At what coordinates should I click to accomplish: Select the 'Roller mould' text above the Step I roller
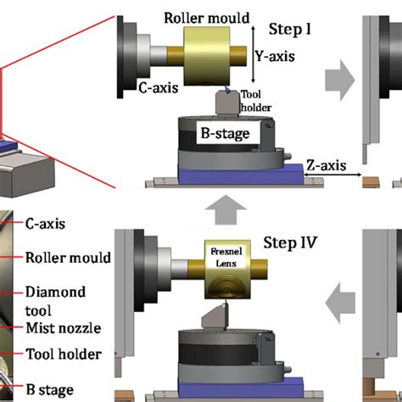point(206,14)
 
